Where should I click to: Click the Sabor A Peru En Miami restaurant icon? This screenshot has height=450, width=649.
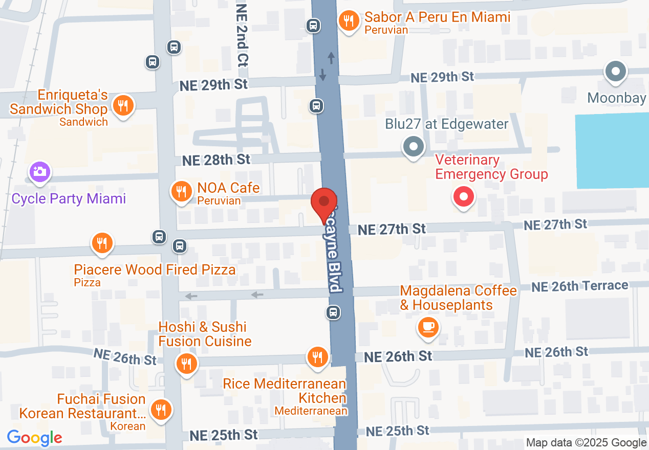coord(349,21)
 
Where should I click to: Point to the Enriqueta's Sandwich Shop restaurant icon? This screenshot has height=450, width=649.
coord(123,106)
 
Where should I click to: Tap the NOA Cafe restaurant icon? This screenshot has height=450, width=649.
coord(181,192)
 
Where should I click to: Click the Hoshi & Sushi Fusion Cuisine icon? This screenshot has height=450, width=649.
coord(186,364)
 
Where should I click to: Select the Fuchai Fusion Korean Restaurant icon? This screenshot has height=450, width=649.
coord(161,409)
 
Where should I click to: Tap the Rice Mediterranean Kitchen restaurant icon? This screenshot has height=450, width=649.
coord(317,356)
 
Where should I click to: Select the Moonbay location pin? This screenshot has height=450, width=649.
coord(616,72)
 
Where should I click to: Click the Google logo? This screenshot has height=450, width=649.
coord(35,438)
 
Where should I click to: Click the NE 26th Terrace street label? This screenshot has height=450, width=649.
coord(579,286)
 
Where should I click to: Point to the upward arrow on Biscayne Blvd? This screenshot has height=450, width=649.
coord(331,58)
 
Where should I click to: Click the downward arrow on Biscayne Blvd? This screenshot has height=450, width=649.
coord(322,75)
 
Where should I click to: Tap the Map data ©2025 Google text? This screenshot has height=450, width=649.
coord(587,443)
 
